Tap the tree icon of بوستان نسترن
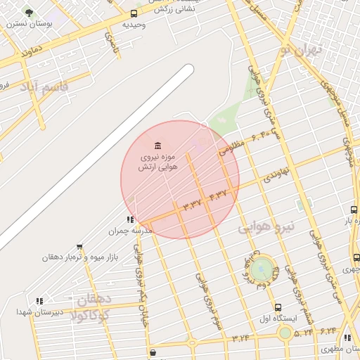pyautogui.click(x=29, y=13)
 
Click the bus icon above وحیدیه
pyautogui.click(x=134, y=13)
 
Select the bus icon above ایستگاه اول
pyautogui.click(x=278, y=307)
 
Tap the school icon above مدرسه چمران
pyautogui.click(x=130, y=219)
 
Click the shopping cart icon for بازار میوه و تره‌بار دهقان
pyautogui.click(x=79, y=247)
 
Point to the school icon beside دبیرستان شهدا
pyautogui.click(x=39, y=301)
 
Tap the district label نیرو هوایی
pyautogui.click(x=268, y=227)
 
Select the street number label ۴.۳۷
pyautogui.click(x=219, y=194)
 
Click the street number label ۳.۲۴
pyautogui.click(x=239, y=338)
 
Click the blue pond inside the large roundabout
pyautogui.click(x=262, y=268)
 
